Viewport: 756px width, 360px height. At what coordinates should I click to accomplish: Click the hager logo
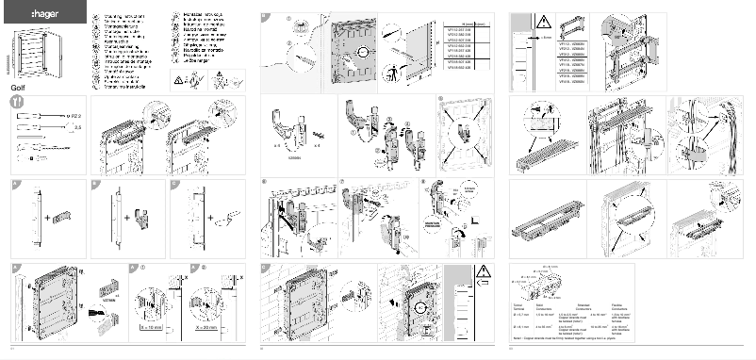pos(33,17)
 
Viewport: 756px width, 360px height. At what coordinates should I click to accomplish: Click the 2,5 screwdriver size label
pos(77,125)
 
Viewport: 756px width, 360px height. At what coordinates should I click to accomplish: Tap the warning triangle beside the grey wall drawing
pos(483,277)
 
